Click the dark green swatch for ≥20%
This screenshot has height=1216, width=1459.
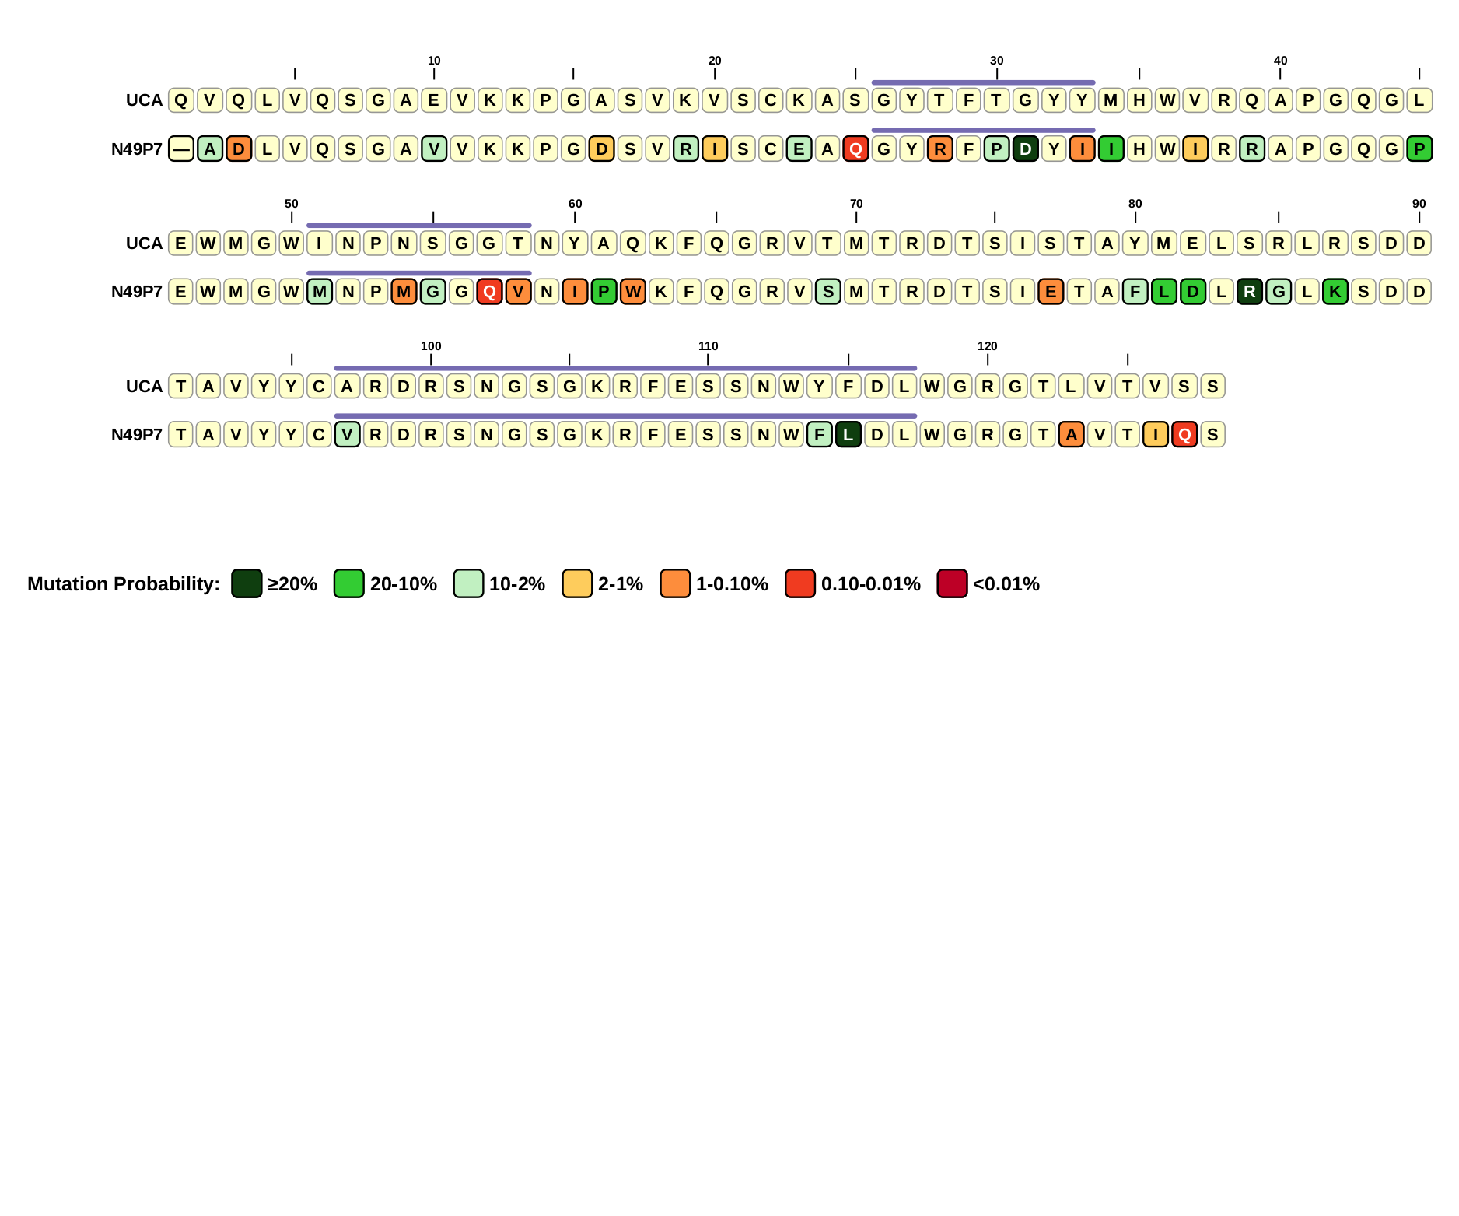247,583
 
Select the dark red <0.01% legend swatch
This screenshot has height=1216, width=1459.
952,583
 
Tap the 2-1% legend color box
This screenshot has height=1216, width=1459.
577,583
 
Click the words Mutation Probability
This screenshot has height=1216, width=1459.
124,584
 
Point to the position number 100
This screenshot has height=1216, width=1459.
431,346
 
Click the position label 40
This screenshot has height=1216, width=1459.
1280,61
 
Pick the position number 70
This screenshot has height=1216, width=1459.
856,204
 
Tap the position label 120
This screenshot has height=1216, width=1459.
987,346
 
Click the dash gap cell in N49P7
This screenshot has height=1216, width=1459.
181,149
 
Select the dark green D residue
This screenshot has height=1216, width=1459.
1026,149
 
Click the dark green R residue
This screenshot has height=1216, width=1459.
1249,292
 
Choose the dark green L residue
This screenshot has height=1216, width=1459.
848,435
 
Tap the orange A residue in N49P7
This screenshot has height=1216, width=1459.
1072,435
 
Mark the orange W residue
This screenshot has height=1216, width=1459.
633,292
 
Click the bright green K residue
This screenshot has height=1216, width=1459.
1335,292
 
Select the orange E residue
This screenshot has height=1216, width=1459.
1051,292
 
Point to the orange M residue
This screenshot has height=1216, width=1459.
404,292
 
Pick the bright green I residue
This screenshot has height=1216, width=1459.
1111,149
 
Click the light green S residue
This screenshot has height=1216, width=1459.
828,292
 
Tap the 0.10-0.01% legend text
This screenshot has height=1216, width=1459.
870,584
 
